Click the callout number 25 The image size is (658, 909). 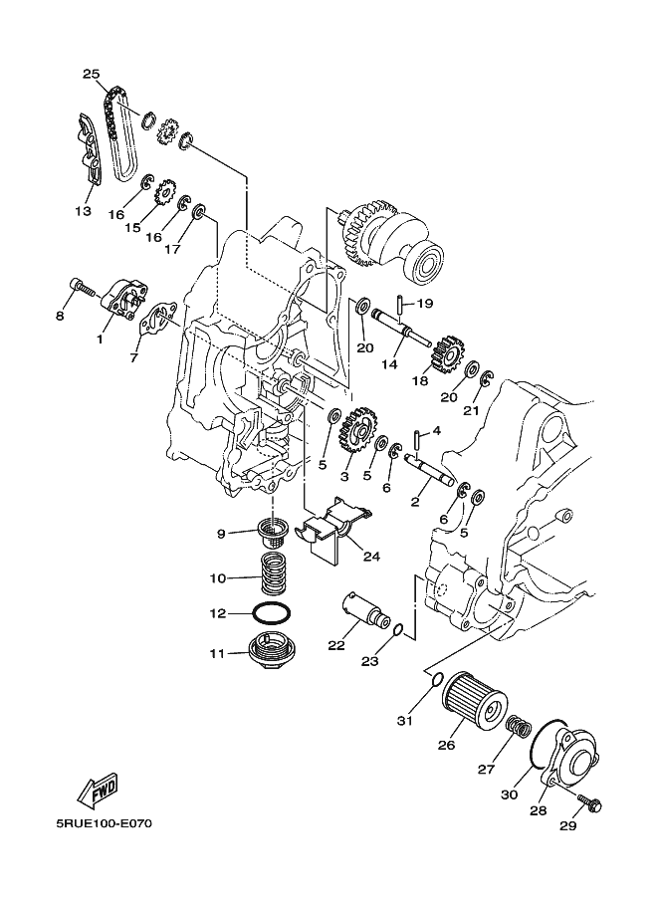pyautogui.click(x=91, y=74)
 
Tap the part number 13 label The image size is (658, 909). pyautogui.click(x=82, y=211)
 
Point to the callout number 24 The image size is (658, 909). pyautogui.click(x=370, y=557)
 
